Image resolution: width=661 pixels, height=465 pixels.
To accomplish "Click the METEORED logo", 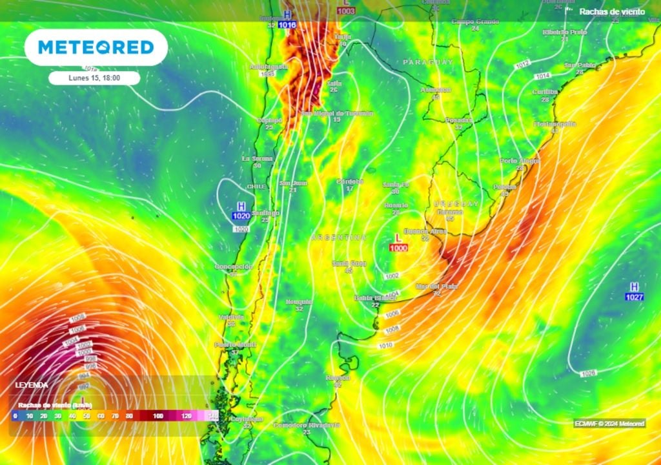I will tap(96, 47).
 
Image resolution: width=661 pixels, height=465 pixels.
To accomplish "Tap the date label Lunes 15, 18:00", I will tap(94, 77).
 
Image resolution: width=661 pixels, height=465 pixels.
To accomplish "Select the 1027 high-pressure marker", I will tap(634, 296).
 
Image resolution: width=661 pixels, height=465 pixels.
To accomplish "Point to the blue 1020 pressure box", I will tap(241, 216).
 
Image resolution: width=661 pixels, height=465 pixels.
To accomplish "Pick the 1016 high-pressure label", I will tap(287, 25).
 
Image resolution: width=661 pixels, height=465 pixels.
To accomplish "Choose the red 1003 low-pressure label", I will tap(346, 11).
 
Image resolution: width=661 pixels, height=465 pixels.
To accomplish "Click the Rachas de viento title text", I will tap(611, 12).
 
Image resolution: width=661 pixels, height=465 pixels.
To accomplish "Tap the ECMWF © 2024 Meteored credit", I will tap(609, 424).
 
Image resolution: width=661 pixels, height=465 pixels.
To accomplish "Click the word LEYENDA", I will tap(32, 384).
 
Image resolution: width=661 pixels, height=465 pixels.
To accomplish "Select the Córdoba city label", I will tap(351, 181).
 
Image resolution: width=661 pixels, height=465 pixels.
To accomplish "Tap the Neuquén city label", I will tap(299, 302).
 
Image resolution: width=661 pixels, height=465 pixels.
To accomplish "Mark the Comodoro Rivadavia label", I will tap(307, 425).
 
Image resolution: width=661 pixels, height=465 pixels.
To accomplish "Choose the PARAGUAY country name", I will tap(428, 62).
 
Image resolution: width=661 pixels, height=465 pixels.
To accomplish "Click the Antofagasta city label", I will tap(267, 67).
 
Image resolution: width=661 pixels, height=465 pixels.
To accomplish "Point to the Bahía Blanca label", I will tap(375, 298).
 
